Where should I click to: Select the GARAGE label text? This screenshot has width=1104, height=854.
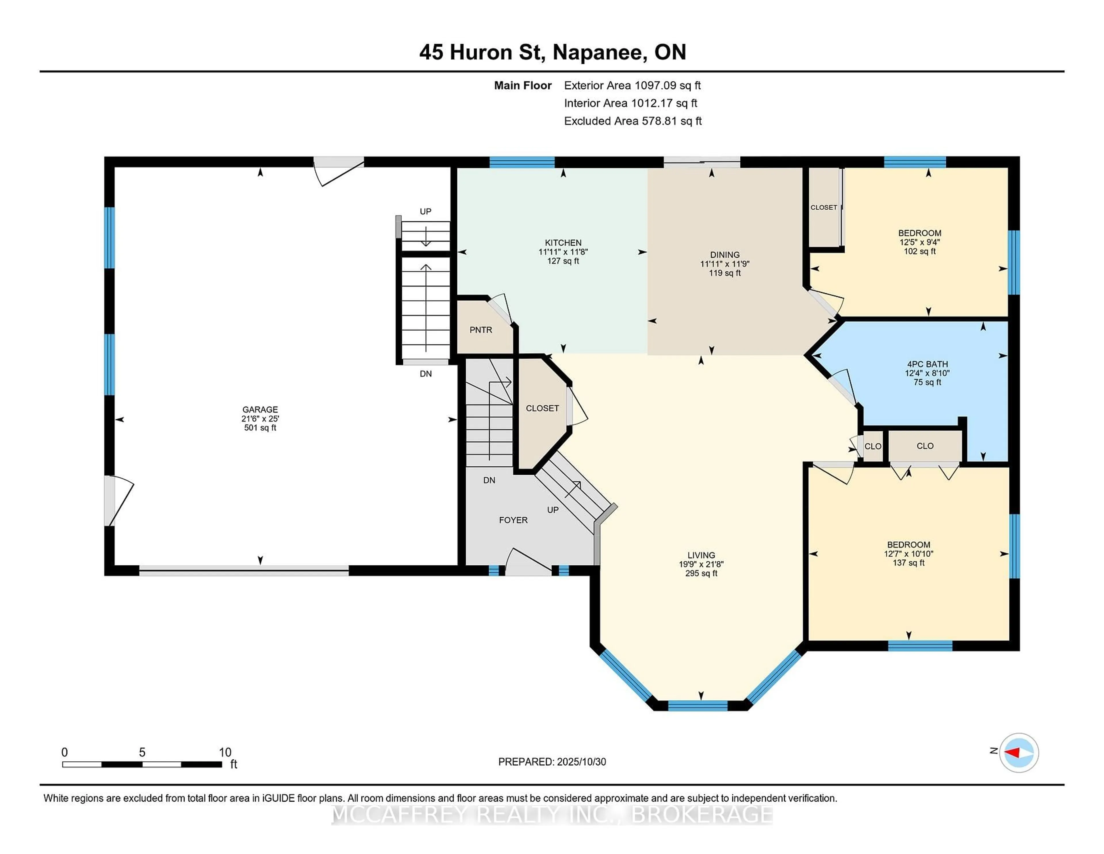pos(260,409)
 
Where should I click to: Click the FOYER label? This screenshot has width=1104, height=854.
pos(513,520)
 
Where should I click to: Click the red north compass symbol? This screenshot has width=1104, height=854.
pos(1019,753)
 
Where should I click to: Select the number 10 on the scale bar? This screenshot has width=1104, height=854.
pos(225,752)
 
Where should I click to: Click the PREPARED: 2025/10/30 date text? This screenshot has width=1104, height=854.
pos(552,762)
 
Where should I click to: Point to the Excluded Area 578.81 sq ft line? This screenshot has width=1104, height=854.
pos(632,121)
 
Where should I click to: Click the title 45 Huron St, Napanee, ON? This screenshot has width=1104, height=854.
pos(553,52)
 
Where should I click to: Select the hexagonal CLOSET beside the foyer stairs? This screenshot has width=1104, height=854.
pos(542,408)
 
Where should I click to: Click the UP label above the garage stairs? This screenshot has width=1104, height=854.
pos(425,211)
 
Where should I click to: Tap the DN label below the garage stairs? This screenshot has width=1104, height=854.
pos(425,374)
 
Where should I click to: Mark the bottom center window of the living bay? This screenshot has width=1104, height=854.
pos(697,706)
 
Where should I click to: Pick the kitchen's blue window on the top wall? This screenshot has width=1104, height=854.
pos(522,162)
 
